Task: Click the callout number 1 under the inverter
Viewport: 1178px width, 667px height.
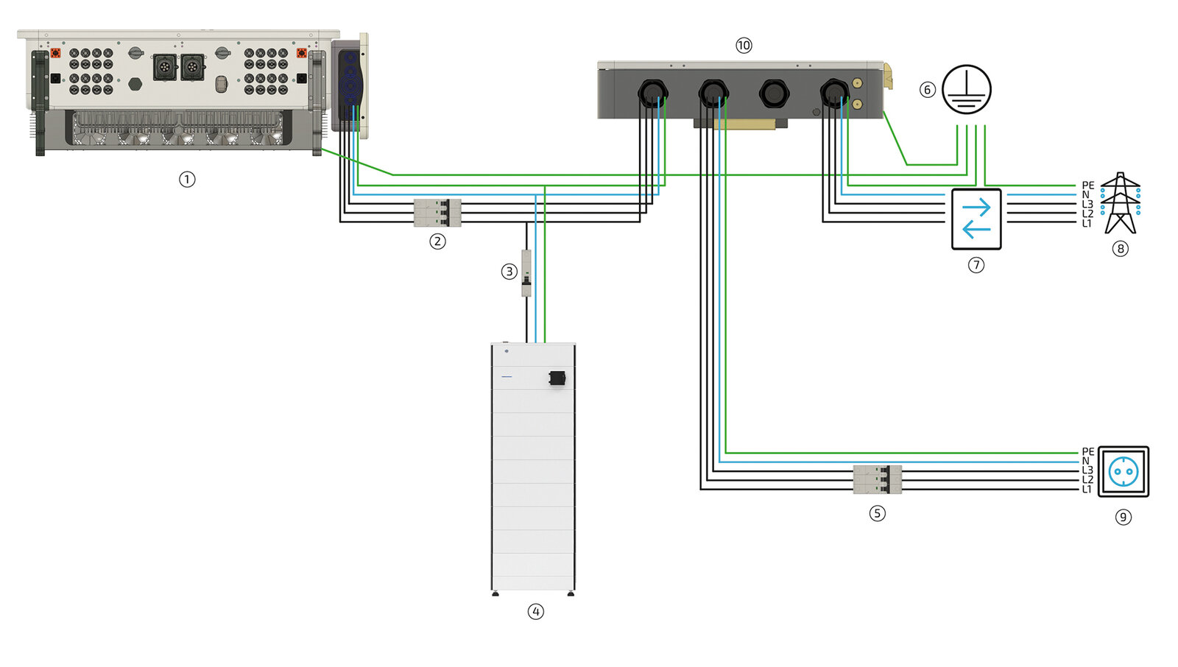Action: point(187,179)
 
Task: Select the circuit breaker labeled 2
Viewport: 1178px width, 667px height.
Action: point(437,213)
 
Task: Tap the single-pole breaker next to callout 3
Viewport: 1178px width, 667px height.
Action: point(526,273)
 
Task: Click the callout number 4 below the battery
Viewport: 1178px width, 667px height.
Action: point(536,611)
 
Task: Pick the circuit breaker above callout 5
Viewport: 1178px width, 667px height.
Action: point(878,479)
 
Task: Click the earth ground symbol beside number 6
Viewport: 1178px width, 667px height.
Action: point(967,89)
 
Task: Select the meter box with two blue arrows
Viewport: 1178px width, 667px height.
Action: point(976,219)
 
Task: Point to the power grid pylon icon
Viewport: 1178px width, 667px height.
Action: point(1120,202)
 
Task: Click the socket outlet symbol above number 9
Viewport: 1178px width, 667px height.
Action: point(1123,471)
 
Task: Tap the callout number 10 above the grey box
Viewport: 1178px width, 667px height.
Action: point(744,46)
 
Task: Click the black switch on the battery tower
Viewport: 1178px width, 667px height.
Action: point(557,378)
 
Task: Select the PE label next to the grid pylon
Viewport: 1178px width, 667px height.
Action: point(1087,186)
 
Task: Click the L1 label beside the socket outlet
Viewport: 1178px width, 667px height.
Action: point(1087,490)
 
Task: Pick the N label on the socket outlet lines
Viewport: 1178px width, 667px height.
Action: point(1085,462)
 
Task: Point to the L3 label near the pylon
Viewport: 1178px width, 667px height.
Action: point(1087,205)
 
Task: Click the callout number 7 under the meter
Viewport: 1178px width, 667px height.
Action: point(976,265)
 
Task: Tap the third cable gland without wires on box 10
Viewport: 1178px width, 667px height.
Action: point(773,93)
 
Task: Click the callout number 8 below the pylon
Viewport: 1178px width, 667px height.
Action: point(1121,249)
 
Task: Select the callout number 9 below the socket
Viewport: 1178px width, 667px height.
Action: point(1124,517)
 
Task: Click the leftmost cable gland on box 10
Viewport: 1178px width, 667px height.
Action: point(652,93)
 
